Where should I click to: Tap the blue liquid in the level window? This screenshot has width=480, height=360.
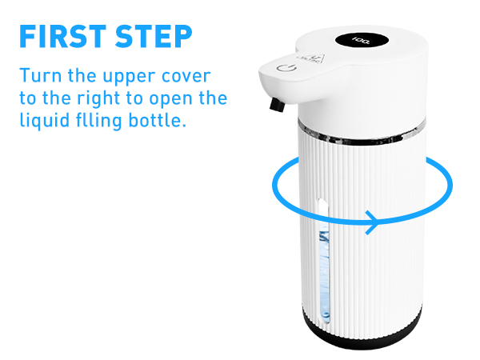324,280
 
